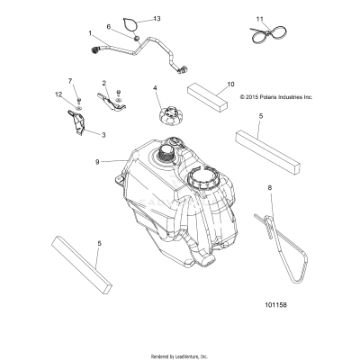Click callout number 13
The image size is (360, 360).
pyautogui.click(x=157, y=19)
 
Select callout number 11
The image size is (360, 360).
pyautogui.click(x=260, y=19)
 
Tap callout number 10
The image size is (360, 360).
pyautogui.click(x=230, y=85)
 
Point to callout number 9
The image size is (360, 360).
pyautogui.click(x=97, y=162)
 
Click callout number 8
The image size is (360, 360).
pyautogui.click(x=270, y=188)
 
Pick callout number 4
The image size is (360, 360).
pyautogui.click(x=155, y=88)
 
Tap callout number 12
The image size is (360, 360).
pyautogui.click(x=58, y=94)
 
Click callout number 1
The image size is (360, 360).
pyautogui.click(x=90, y=33)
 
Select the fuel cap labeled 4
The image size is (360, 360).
pyautogui.click(x=171, y=117)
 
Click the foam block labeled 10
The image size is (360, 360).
pyautogui.click(x=207, y=96)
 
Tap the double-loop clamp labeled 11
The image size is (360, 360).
pyautogui.click(x=269, y=33)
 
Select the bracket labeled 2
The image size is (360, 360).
pyautogui.click(x=111, y=103)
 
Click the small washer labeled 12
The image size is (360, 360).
pyautogui.click(x=79, y=107)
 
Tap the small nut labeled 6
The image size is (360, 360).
pyautogui.click(x=136, y=38)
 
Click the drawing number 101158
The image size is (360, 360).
pyautogui.click(x=275, y=305)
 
